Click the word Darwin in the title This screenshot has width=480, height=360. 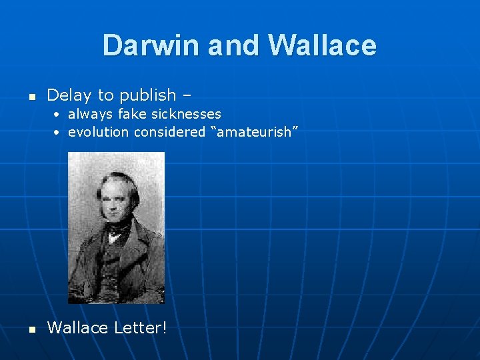pos(151,45)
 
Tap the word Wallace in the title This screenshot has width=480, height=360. pos(322,45)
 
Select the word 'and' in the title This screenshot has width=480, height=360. pos(237,45)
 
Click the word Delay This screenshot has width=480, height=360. pos(70,95)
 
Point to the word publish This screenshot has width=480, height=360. pos(148,96)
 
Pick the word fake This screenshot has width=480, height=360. pos(131,114)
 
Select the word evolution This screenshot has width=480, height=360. pos(98,132)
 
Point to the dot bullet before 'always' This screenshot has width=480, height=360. pos(59,115)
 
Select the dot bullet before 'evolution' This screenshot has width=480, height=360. pos(59,133)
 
